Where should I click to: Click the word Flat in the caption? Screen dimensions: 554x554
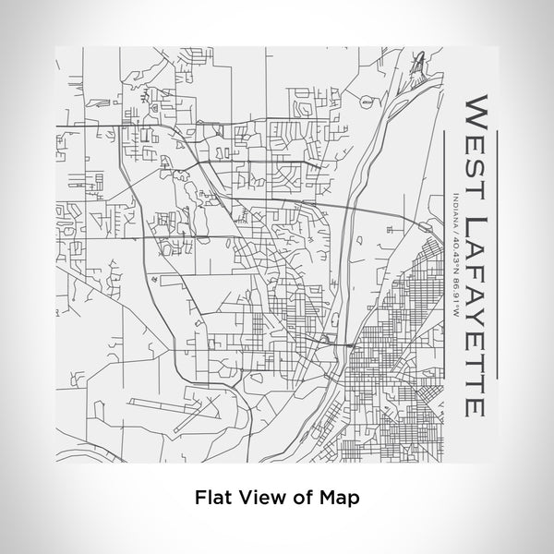click(x=212, y=496)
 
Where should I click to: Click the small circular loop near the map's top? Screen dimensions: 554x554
click(x=368, y=103)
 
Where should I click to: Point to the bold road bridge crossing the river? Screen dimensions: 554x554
click(x=343, y=343)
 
